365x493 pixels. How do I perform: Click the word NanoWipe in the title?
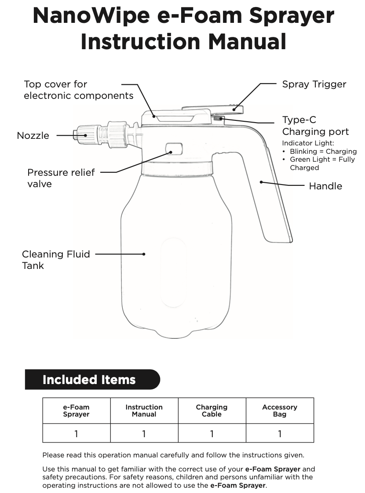88,16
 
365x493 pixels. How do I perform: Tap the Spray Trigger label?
314,84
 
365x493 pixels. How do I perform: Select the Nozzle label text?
33,135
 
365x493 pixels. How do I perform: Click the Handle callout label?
325,186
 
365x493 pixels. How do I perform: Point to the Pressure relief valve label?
61,178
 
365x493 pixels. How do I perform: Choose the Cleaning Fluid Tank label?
56,260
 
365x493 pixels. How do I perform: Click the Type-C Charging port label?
315,126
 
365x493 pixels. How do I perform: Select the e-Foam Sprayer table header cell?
76,411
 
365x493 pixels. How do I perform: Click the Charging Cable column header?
212,411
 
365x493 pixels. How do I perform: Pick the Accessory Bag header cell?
279,411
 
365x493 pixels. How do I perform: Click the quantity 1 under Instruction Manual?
144,434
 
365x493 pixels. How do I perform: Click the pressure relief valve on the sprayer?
174,149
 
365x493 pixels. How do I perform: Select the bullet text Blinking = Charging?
323,152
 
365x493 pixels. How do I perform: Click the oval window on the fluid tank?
174,272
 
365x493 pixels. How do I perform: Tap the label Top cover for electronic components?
78,90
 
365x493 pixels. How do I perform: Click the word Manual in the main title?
247,42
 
